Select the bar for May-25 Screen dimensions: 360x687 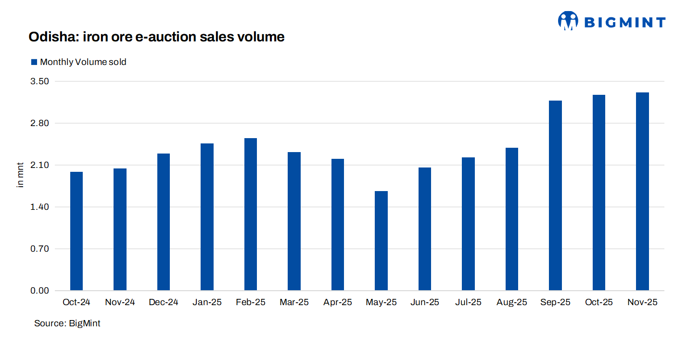[381, 241]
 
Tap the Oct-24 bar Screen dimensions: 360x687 [76, 231]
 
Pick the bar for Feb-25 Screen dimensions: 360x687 [251, 214]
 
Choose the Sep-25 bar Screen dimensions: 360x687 [555, 195]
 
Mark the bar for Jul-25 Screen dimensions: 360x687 [468, 224]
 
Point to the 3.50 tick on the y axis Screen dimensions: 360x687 [40, 81]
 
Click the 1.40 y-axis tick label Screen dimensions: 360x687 [40, 207]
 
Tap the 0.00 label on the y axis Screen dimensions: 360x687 [40, 291]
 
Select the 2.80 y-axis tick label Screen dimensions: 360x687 [40, 123]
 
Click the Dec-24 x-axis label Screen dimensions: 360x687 [164, 302]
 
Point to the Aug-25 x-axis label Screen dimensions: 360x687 [512, 302]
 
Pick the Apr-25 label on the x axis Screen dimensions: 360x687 [338, 302]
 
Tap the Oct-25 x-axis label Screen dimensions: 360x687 [599, 302]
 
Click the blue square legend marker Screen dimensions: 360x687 [34, 62]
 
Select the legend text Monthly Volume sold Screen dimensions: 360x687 [83, 62]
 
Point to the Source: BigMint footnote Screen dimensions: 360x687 [67, 323]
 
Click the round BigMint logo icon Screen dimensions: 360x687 [568, 21]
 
